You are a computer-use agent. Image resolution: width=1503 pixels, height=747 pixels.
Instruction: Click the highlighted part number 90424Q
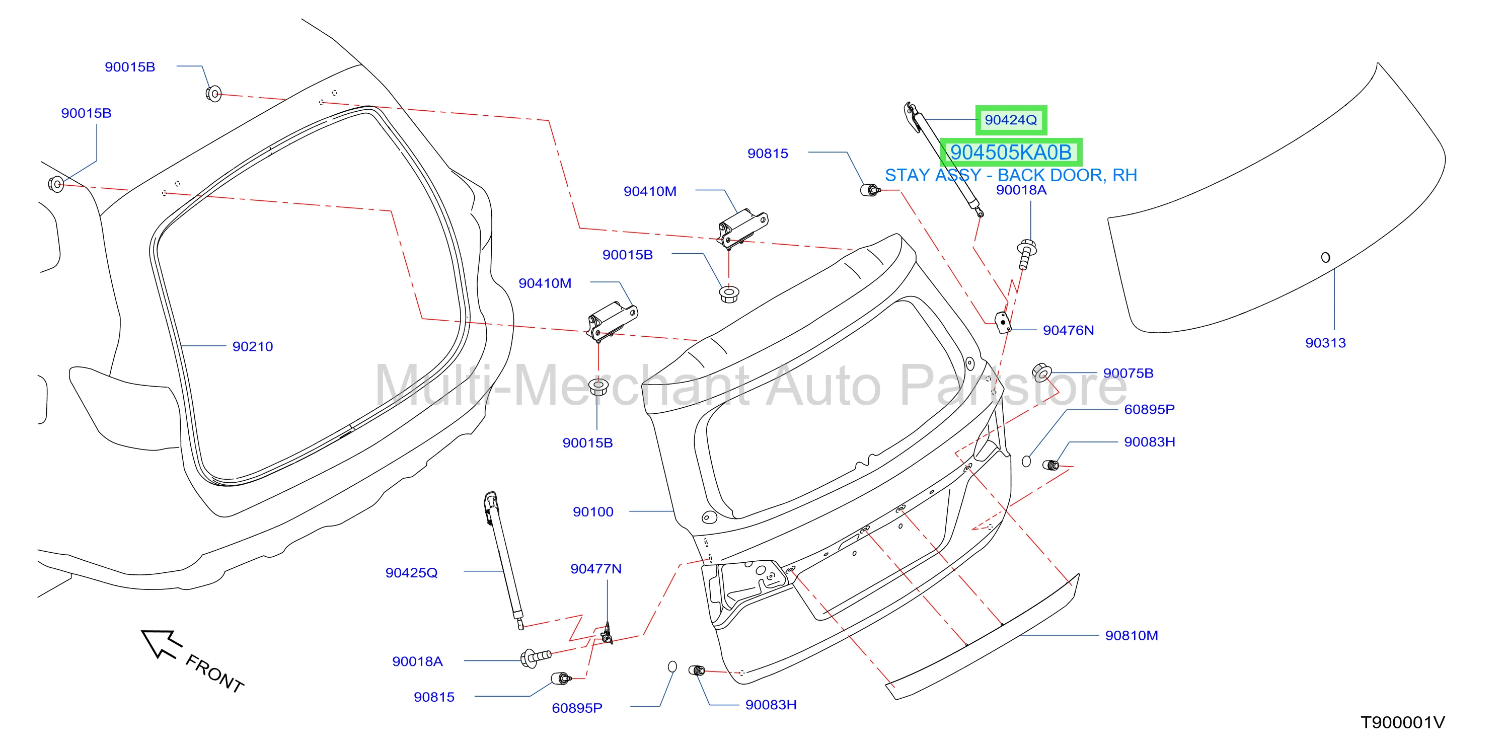(x=1011, y=120)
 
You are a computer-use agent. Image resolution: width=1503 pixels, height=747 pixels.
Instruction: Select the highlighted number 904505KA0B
(x=1011, y=153)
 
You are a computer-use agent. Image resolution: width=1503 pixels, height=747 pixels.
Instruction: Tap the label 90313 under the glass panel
(x=1326, y=343)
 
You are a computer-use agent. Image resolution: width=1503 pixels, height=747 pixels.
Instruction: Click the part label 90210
(x=253, y=347)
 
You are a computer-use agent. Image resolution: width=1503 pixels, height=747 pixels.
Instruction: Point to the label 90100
(x=593, y=512)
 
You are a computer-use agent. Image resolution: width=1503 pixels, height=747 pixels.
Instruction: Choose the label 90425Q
(x=411, y=573)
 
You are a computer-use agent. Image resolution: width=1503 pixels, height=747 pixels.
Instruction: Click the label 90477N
(x=596, y=569)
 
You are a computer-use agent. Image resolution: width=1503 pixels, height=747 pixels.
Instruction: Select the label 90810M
(x=1132, y=636)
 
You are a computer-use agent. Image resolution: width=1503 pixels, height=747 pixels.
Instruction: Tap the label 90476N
(x=1068, y=330)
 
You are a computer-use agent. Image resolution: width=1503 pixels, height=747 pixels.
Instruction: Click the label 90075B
(x=1129, y=373)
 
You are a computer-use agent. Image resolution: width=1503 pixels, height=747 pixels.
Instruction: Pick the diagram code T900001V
(x=1403, y=722)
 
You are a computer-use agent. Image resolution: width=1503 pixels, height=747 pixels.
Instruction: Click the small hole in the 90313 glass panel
(x=1326, y=257)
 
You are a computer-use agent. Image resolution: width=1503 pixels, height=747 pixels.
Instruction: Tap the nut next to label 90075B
(x=1041, y=372)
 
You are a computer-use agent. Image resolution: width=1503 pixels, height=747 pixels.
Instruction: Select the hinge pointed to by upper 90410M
(x=741, y=228)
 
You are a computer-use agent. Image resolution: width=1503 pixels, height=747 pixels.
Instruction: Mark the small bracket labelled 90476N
(x=1002, y=322)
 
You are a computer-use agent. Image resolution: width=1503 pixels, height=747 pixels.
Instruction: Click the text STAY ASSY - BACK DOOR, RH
(x=1011, y=175)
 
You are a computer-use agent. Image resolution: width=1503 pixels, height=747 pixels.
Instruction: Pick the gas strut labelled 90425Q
(x=503, y=560)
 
